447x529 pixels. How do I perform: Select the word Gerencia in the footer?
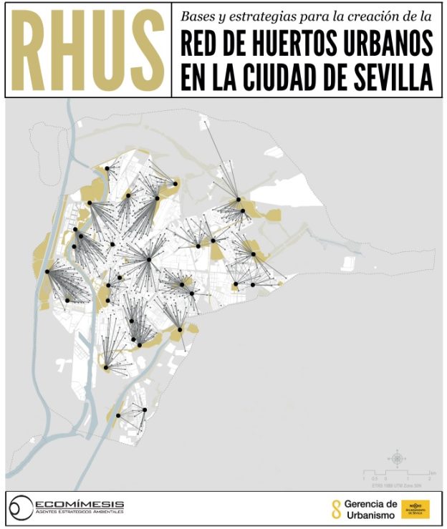coord(370,504)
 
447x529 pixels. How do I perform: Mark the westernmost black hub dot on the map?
coord(47,271)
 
